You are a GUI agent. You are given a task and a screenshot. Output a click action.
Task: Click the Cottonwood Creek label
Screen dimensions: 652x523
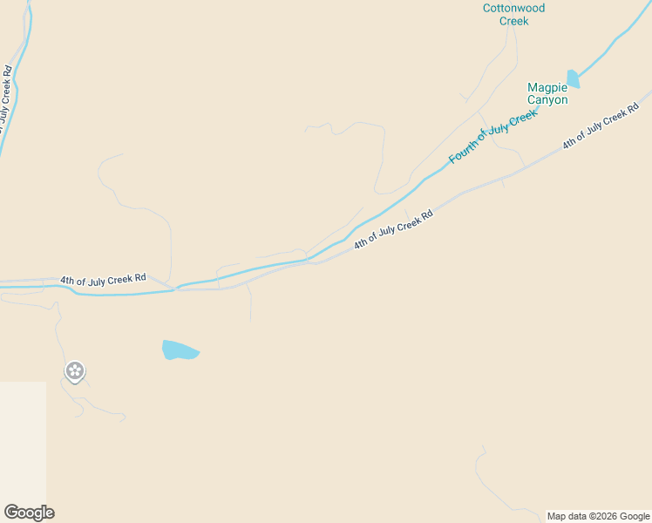click(514, 14)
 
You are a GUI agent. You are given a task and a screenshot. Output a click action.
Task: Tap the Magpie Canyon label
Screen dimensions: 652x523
click(547, 93)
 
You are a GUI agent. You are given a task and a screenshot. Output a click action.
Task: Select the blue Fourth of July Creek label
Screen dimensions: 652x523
click(493, 137)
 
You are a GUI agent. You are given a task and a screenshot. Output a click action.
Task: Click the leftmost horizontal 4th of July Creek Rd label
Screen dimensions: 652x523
click(103, 280)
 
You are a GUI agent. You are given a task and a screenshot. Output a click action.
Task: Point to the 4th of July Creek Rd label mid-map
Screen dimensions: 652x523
click(393, 230)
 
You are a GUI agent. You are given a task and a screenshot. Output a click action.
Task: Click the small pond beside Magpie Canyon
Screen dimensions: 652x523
click(573, 79)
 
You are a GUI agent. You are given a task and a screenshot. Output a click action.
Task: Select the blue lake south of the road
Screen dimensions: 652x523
click(179, 350)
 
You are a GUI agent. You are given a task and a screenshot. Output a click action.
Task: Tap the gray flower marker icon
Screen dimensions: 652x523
click(75, 371)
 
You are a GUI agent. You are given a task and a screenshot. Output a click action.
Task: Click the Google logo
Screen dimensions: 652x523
click(29, 513)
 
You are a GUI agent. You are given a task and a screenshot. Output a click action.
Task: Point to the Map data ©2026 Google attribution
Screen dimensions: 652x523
click(598, 516)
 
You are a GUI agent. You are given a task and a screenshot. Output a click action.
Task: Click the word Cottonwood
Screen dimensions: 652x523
click(514, 8)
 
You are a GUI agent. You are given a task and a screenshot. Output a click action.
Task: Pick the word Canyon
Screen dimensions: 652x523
click(547, 99)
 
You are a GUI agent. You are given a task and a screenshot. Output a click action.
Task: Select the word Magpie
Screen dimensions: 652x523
click(547, 87)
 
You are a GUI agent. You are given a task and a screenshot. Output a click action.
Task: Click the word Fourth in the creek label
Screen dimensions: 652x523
click(461, 153)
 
